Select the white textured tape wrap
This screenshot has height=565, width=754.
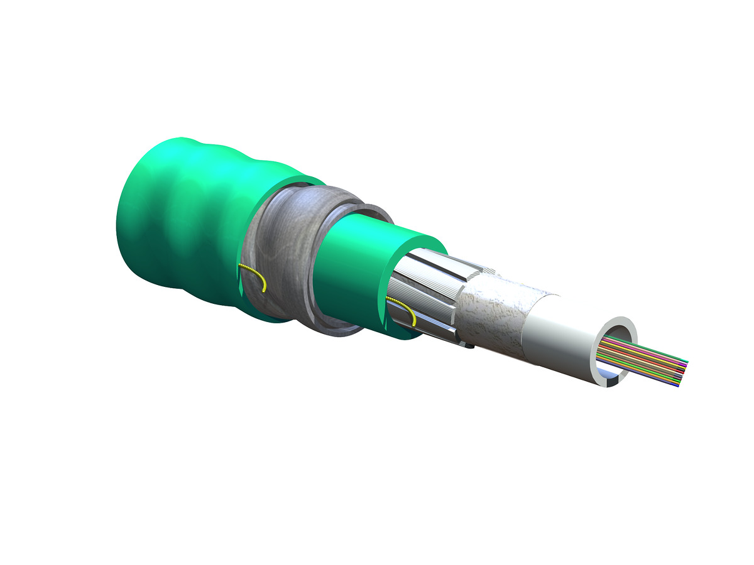point(496,314)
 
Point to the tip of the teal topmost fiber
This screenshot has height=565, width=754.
point(687,362)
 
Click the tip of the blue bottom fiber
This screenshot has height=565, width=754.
point(677,386)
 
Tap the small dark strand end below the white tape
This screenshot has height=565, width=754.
point(469,345)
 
